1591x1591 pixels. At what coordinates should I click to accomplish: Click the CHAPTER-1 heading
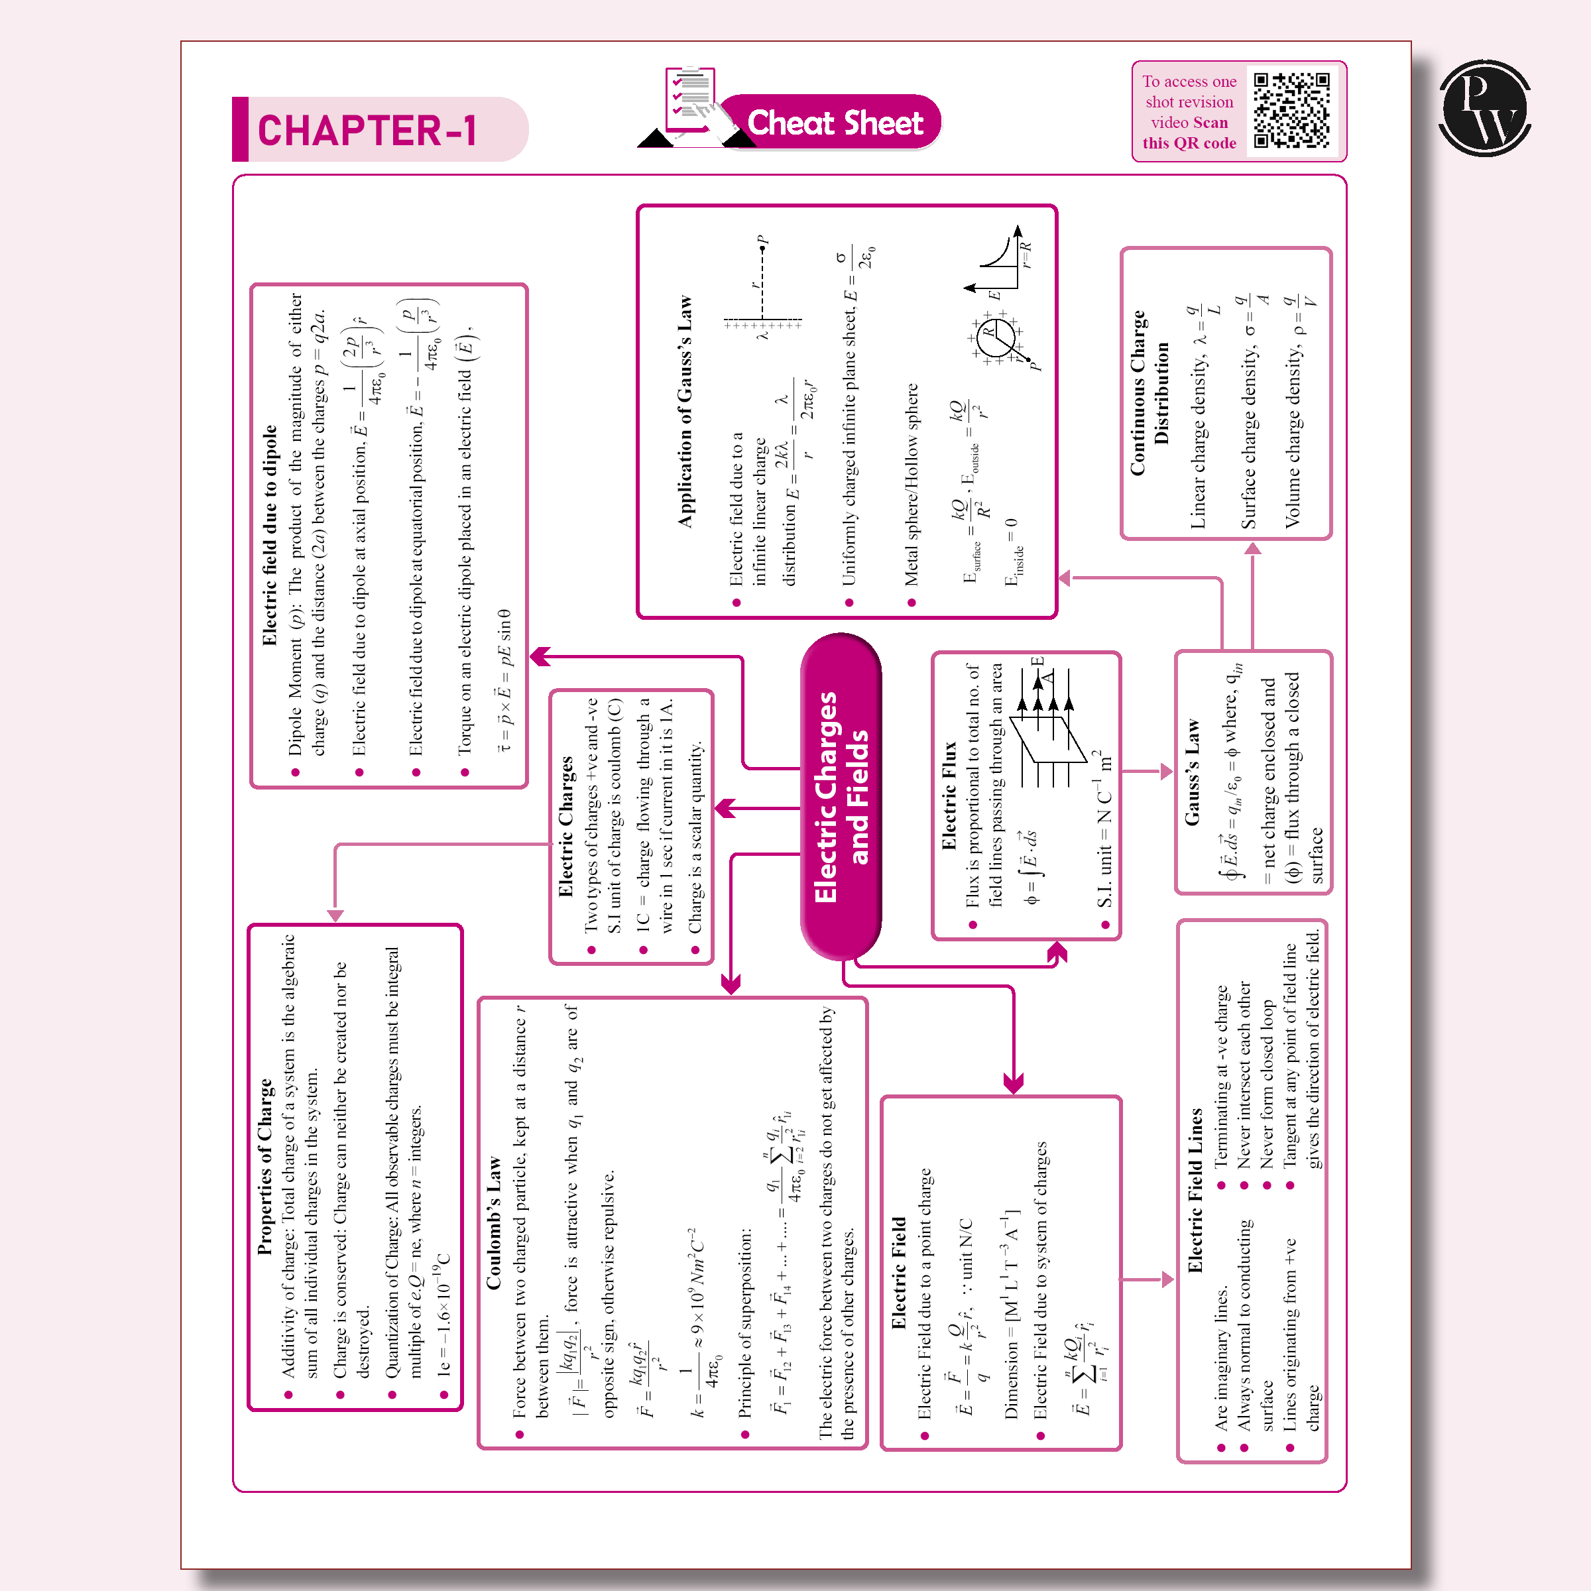click(x=367, y=130)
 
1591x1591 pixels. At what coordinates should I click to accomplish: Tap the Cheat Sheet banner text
click(x=834, y=123)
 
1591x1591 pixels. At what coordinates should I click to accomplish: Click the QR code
click(x=1291, y=110)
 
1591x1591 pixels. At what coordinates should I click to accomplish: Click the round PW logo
click(x=1485, y=109)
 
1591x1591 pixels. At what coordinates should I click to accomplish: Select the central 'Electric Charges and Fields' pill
click(x=841, y=796)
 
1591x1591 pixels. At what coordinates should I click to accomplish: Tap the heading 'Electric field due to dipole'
click(x=269, y=535)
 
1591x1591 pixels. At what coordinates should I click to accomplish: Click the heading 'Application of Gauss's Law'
click(x=685, y=412)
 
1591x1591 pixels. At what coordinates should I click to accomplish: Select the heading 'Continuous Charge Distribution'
click(x=1149, y=394)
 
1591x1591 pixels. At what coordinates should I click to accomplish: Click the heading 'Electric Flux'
click(x=949, y=795)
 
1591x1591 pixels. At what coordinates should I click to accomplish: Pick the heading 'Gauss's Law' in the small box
click(x=1192, y=772)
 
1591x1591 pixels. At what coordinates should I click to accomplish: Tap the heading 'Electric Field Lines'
click(x=1195, y=1191)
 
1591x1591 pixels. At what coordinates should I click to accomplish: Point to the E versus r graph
click(x=999, y=262)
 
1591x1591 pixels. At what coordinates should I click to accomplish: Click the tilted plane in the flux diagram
click(x=1047, y=740)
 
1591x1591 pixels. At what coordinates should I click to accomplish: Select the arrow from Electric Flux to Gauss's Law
click(x=1146, y=772)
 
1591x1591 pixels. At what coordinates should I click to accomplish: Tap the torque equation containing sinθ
click(x=504, y=680)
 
